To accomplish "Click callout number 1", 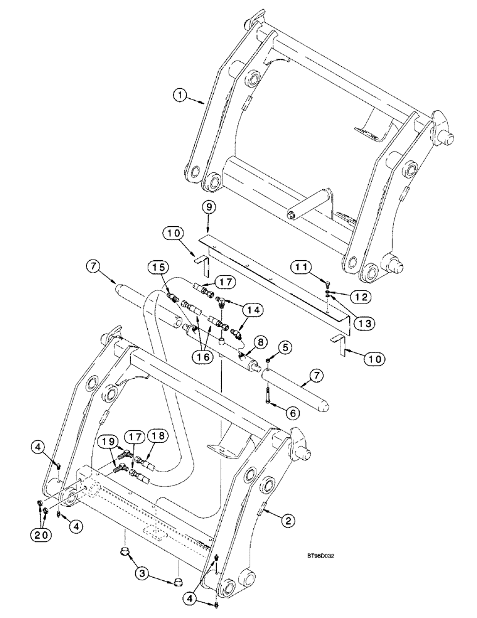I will (179, 95).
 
